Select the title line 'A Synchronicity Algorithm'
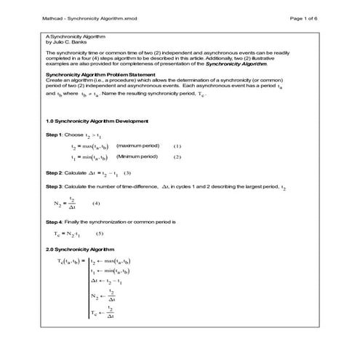[x=71, y=36]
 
